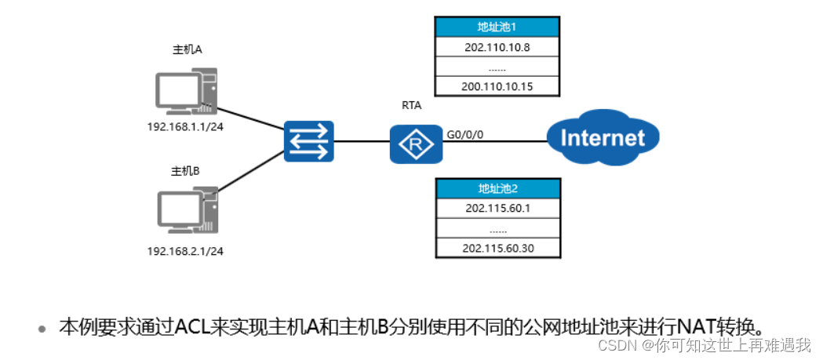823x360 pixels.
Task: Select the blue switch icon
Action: (308, 142)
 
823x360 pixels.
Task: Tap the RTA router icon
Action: (416, 143)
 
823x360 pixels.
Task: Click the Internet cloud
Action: (602, 139)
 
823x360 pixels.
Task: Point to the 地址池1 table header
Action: (497, 27)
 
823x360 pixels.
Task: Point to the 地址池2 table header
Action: (497, 188)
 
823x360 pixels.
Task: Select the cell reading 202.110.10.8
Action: (497, 46)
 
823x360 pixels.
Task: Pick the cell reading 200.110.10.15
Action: (497, 86)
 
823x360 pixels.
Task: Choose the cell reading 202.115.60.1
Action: (497, 209)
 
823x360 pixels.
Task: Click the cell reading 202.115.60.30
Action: (497, 249)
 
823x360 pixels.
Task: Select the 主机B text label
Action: (186, 170)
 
